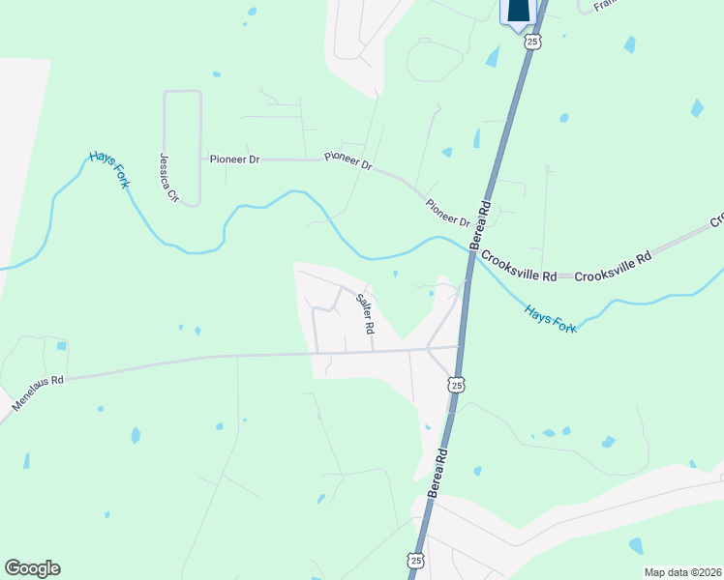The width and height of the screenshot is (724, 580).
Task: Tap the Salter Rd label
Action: tap(364, 313)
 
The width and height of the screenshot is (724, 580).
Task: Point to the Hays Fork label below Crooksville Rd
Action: tap(550, 319)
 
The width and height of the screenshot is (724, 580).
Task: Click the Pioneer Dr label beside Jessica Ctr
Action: tap(233, 159)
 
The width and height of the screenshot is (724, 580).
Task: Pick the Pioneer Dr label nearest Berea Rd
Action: tap(447, 214)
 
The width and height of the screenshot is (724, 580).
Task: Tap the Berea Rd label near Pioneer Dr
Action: tap(481, 225)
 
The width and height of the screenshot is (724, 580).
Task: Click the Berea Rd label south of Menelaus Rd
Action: tap(437, 473)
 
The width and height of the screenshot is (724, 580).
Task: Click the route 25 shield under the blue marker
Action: tap(531, 42)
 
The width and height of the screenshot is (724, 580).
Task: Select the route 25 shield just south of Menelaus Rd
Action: tap(455, 385)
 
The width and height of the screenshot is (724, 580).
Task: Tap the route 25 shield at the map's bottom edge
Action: tap(415, 561)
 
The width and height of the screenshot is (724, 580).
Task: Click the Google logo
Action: tap(32, 568)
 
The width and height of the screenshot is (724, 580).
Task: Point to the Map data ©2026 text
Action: tap(681, 572)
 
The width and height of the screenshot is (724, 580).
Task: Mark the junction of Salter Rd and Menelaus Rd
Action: tap(374, 351)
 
